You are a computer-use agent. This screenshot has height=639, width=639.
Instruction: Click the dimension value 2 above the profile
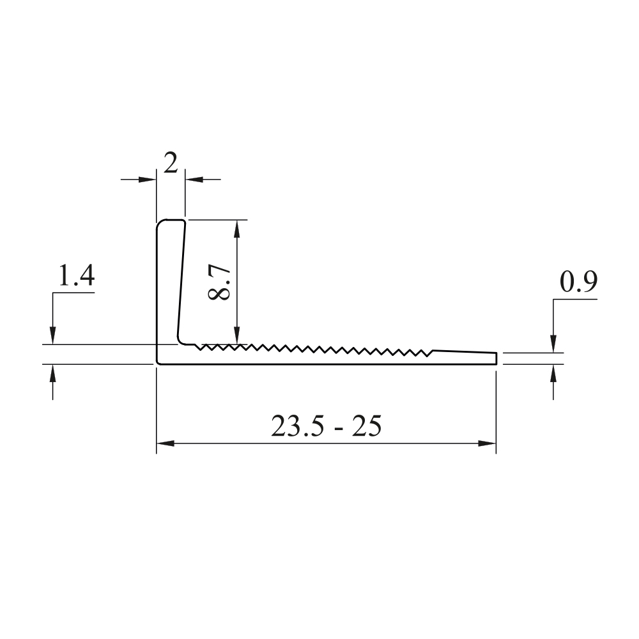(x=171, y=163)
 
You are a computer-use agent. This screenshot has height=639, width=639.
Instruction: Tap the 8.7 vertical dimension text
(x=219, y=282)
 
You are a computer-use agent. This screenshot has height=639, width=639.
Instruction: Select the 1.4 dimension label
(x=77, y=275)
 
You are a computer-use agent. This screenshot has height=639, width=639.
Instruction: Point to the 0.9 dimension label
(x=578, y=282)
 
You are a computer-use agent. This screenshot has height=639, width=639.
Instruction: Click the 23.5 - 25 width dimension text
(x=327, y=426)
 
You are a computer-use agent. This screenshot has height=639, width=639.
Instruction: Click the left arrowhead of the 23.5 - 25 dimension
(x=166, y=443)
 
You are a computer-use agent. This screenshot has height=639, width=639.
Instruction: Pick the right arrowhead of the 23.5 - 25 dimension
(x=487, y=443)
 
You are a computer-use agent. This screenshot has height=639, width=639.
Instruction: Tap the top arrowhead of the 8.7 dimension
(x=237, y=229)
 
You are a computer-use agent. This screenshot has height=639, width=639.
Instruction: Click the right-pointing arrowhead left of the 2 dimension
(x=148, y=179)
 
